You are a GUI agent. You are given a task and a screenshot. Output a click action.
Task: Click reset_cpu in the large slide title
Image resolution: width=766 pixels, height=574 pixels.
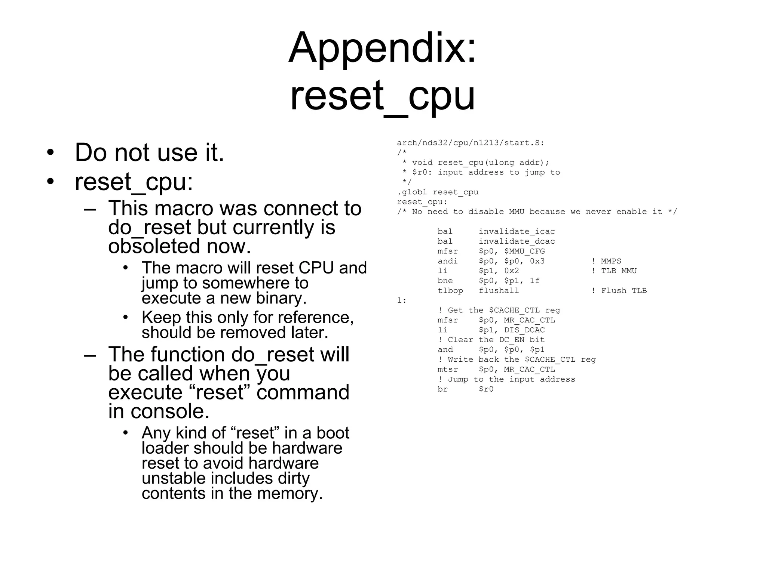[x=382, y=96]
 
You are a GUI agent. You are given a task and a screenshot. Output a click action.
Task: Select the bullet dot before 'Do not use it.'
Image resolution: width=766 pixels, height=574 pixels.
[x=50, y=153]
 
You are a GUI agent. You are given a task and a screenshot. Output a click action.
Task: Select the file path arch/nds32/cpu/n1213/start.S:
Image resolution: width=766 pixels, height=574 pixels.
[x=471, y=143]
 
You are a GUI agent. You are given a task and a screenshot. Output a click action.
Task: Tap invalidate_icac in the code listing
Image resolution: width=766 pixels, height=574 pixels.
[x=517, y=231]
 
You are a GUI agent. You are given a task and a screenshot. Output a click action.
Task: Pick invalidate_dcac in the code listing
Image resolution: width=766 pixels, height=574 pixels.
[x=517, y=241]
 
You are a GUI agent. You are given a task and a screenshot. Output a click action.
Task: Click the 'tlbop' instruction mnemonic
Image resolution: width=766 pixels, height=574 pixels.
[x=450, y=290]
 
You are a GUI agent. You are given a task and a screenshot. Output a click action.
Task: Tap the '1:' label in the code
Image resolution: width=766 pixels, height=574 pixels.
[x=401, y=300]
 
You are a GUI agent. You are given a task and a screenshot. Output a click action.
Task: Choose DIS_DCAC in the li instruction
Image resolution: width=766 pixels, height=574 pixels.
[x=524, y=330]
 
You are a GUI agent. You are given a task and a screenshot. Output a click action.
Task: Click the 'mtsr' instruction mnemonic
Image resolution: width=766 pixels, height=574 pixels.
[x=448, y=369]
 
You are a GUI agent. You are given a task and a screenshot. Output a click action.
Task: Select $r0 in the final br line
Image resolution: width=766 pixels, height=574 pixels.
[x=486, y=389]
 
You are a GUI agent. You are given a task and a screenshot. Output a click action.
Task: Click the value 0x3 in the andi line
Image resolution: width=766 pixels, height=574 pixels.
[x=537, y=261]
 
